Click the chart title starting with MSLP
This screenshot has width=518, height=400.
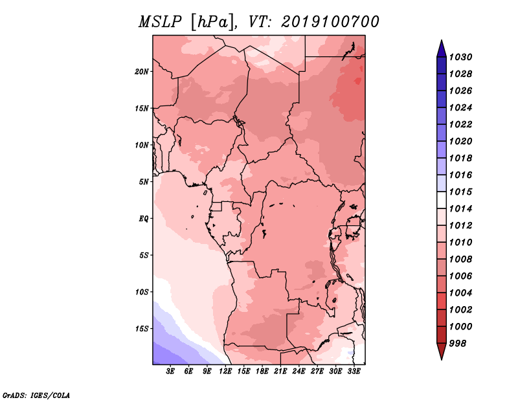258,22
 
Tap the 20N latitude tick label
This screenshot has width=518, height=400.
142,72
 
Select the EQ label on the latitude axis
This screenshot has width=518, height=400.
144,219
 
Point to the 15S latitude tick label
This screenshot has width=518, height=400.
142,329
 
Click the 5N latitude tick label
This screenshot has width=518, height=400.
144,182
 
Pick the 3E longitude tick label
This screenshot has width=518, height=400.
170,371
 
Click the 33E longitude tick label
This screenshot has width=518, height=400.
354,371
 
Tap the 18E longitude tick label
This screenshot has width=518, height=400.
262,371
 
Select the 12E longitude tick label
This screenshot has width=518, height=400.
225,371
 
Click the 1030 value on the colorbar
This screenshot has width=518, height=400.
460,57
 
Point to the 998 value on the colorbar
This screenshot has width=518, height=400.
458,344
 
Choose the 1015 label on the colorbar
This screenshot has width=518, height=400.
460,192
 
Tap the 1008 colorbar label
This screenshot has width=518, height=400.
460,260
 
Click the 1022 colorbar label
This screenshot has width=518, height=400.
460,124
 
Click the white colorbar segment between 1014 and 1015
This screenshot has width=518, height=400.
442,200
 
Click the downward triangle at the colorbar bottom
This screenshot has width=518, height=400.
442,351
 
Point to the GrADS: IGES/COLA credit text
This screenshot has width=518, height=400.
36,395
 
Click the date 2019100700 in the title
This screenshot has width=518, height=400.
330,22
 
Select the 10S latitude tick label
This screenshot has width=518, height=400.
142,292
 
